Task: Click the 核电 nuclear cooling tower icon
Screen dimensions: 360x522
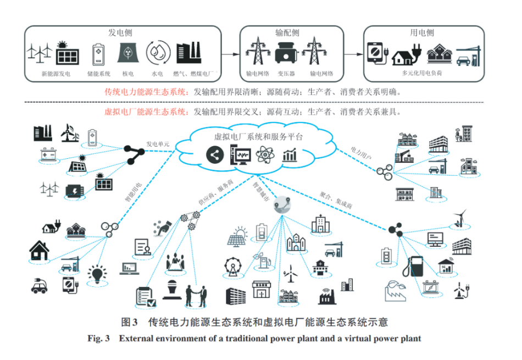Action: pyautogui.click(x=127, y=53)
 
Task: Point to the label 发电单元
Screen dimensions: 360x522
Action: pyautogui.click(x=158, y=145)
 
